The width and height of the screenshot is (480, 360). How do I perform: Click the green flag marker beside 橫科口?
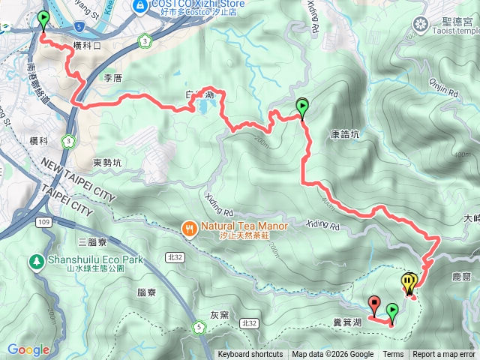point(43,19)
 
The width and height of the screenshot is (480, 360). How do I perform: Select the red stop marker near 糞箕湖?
point(374,304)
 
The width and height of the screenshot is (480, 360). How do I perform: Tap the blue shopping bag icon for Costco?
point(139,6)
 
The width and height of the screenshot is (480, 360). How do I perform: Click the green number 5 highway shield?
point(199,326)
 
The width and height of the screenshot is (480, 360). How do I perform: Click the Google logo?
point(28,349)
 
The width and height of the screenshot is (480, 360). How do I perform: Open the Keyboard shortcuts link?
point(250,355)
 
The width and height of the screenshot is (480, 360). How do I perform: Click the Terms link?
point(393,355)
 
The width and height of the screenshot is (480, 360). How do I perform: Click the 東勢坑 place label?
point(107,162)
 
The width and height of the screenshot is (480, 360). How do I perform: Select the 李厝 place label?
point(112,78)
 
